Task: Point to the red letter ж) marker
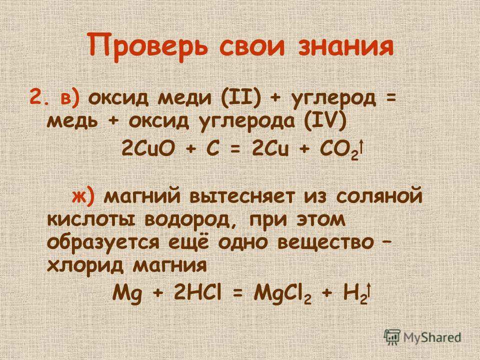(x=84, y=196)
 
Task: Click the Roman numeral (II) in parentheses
(x=240, y=98)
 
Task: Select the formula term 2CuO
(x=148, y=149)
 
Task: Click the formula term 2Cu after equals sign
(x=270, y=149)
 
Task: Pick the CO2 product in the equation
(x=339, y=150)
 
